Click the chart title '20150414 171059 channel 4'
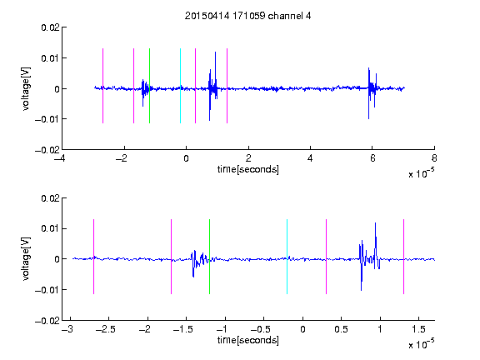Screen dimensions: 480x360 click(x=247, y=16)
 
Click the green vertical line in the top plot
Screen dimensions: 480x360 click(x=149, y=86)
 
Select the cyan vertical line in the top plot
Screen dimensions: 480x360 click(x=180, y=86)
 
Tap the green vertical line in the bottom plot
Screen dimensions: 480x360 click(x=209, y=257)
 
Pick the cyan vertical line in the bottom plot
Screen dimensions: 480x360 click(x=287, y=257)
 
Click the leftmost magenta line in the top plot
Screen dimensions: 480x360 click(x=102, y=86)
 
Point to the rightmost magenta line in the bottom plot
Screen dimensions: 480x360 click(x=403, y=257)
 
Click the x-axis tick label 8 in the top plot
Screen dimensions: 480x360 click(x=434, y=158)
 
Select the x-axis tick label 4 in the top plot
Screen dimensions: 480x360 click(x=310, y=158)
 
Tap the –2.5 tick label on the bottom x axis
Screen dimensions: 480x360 click(x=106, y=329)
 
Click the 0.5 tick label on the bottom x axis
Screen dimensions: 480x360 click(x=341, y=329)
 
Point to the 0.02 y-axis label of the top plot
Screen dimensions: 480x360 click(x=50, y=27)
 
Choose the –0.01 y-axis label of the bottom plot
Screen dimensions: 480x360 click(x=47, y=290)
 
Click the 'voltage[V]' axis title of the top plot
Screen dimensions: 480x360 click(x=26, y=89)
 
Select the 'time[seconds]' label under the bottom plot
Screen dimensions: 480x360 click(x=248, y=340)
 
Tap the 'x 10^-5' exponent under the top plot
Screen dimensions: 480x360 click(x=421, y=173)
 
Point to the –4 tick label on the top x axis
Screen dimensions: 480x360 click(x=60, y=158)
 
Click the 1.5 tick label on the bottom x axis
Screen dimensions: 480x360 click(x=418, y=329)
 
